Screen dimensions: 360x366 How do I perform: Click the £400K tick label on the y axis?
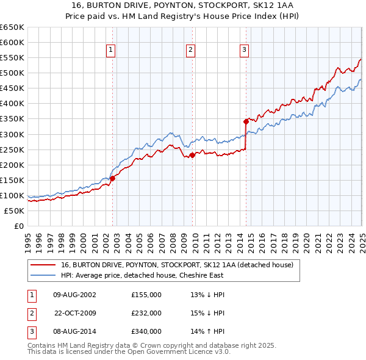tap(12, 104)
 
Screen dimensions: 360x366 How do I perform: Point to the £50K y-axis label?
tap(14, 211)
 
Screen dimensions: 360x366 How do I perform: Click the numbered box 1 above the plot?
tap(111, 50)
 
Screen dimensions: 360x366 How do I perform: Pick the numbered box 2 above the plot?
tap(191, 50)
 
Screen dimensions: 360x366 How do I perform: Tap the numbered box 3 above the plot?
tap(244, 50)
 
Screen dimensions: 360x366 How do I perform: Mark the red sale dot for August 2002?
tap(113, 179)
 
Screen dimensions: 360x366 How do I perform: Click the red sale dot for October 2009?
tap(192, 155)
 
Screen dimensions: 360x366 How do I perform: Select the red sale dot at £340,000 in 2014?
tap(246, 121)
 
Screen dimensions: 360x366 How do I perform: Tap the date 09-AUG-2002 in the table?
tap(74, 295)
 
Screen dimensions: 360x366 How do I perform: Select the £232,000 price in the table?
tap(146, 313)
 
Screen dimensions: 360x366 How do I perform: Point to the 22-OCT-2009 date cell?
tap(74, 313)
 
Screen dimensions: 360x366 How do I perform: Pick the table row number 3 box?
tap(30, 331)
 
